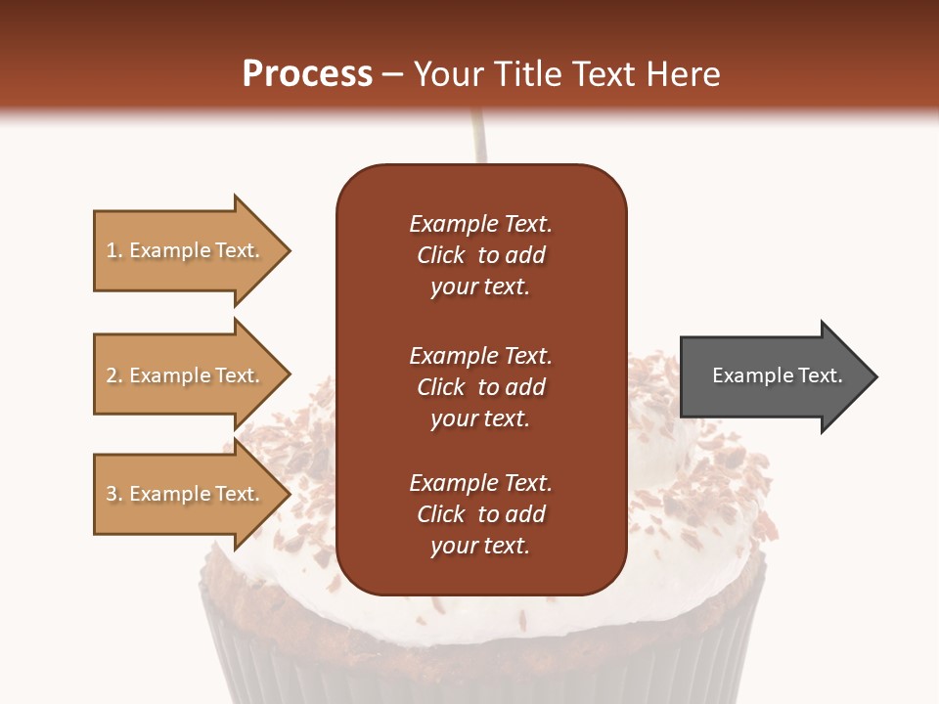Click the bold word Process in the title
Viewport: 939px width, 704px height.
pos(307,74)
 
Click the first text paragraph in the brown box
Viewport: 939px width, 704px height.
pos(480,255)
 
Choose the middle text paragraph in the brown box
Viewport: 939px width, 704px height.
pos(480,387)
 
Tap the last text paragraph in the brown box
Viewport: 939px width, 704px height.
pos(480,514)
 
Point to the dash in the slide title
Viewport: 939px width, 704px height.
pos(392,74)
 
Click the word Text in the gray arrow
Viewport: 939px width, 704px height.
pos(821,375)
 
